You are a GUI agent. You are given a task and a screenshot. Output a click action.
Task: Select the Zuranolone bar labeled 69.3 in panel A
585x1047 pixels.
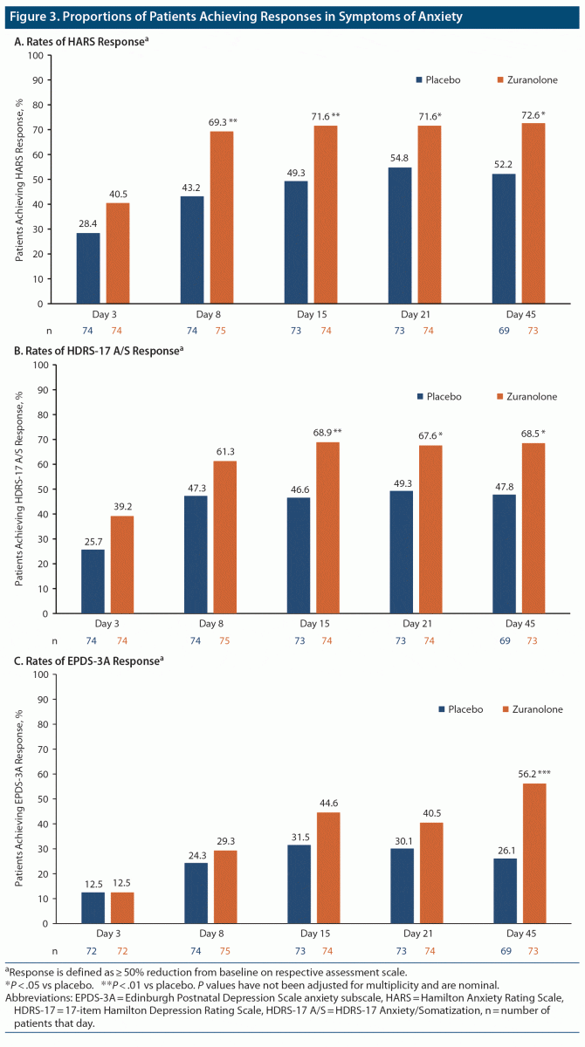pos(222,217)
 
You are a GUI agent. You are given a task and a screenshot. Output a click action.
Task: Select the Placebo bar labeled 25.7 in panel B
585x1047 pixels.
pos(93,581)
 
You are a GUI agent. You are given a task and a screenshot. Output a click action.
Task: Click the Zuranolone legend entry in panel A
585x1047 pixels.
pos(527,79)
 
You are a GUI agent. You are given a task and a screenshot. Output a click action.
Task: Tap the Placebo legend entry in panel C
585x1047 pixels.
pos(459,708)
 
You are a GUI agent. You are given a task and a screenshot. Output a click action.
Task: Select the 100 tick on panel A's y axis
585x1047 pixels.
pos(35,56)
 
